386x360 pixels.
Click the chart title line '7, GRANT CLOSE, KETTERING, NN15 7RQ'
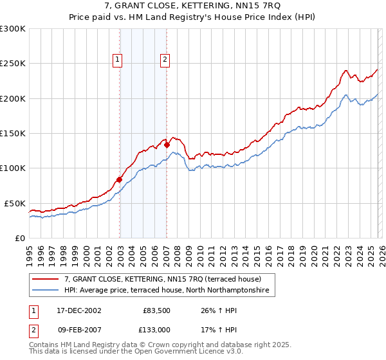coord(193,6)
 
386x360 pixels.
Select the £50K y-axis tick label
coord(15,203)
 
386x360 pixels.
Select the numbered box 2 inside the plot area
coord(165,60)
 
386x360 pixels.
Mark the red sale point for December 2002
coord(120,180)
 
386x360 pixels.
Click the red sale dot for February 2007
coord(167,145)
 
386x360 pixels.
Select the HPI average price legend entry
coord(169,291)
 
